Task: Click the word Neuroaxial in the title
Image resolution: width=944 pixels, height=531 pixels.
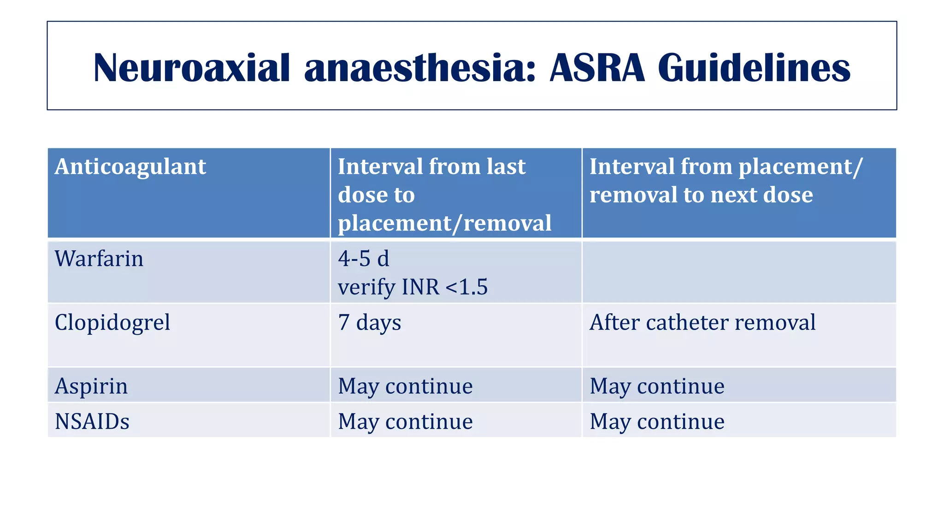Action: (x=191, y=68)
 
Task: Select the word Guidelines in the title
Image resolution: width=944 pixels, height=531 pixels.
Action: (x=754, y=68)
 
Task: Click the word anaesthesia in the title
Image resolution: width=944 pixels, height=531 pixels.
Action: (x=419, y=68)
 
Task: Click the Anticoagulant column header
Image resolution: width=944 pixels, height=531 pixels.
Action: (x=130, y=167)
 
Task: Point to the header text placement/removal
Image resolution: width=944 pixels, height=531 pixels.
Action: (x=444, y=223)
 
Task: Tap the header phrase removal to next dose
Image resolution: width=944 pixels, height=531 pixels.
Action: (x=701, y=195)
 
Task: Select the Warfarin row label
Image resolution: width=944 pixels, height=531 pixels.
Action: (x=99, y=259)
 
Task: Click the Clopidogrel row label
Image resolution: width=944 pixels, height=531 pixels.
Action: (x=112, y=322)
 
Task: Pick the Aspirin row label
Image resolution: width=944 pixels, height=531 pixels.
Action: (x=91, y=386)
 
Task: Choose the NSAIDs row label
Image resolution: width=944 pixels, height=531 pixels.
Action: (x=92, y=422)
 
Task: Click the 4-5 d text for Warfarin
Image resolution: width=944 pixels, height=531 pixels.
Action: (x=363, y=259)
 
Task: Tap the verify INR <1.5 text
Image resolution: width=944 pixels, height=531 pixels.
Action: (x=413, y=287)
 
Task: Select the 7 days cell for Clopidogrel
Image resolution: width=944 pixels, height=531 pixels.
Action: (x=369, y=322)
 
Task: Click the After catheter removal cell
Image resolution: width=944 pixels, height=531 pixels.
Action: (x=702, y=322)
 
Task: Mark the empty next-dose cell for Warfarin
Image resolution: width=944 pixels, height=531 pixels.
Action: (x=739, y=272)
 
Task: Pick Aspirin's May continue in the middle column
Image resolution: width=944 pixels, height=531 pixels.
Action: (x=405, y=386)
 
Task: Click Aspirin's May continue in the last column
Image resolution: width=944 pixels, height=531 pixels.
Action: (x=657, y=386)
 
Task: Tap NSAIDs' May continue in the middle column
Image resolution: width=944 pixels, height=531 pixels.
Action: (x=405, y=422)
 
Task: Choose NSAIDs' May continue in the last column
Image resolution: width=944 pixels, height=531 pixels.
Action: (x=657, y=422)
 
